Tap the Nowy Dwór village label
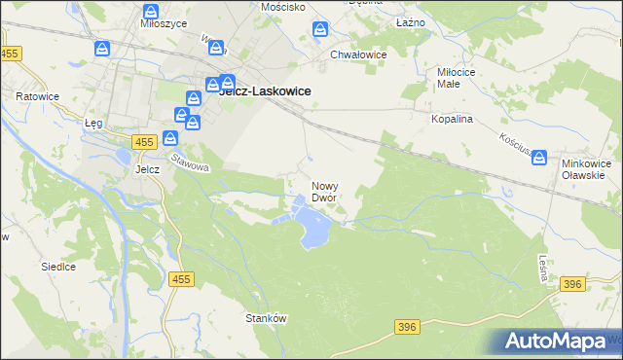click(324, 191)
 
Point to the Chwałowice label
click(359, 54)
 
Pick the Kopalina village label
click(452, 118)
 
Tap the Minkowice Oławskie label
click(584, 169)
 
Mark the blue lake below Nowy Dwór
click(313, 230)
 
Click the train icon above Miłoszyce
click(151, 12)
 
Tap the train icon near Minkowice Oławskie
click(539, 158)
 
